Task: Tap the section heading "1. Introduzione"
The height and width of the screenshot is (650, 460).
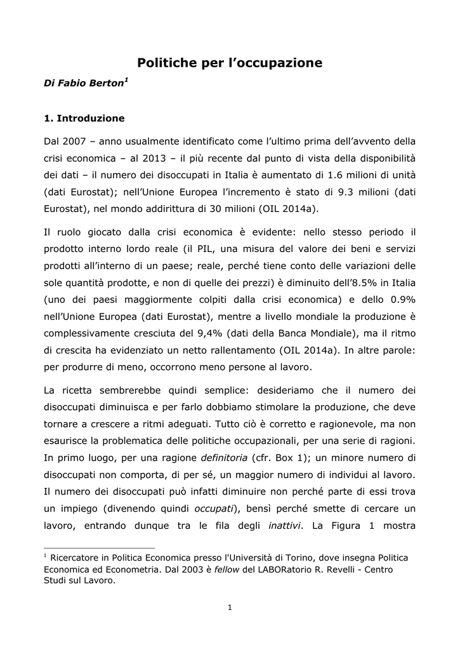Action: tap(84, 118)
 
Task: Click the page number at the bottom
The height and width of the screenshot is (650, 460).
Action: tap(230, 607)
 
